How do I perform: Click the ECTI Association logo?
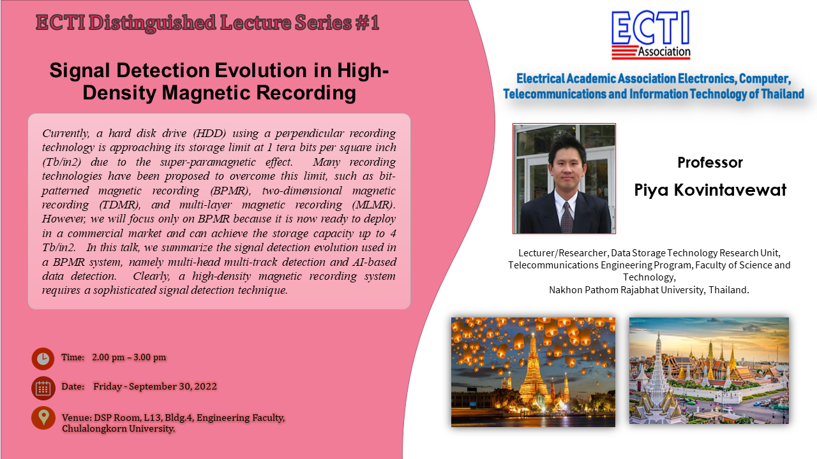point(650,34)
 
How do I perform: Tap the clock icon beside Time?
point(43,358)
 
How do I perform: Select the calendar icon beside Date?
point(43,388)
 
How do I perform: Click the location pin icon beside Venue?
point(43,418)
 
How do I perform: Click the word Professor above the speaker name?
point(710,163)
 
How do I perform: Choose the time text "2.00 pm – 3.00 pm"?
point(129,357)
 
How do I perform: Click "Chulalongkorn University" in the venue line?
point(118,429)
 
